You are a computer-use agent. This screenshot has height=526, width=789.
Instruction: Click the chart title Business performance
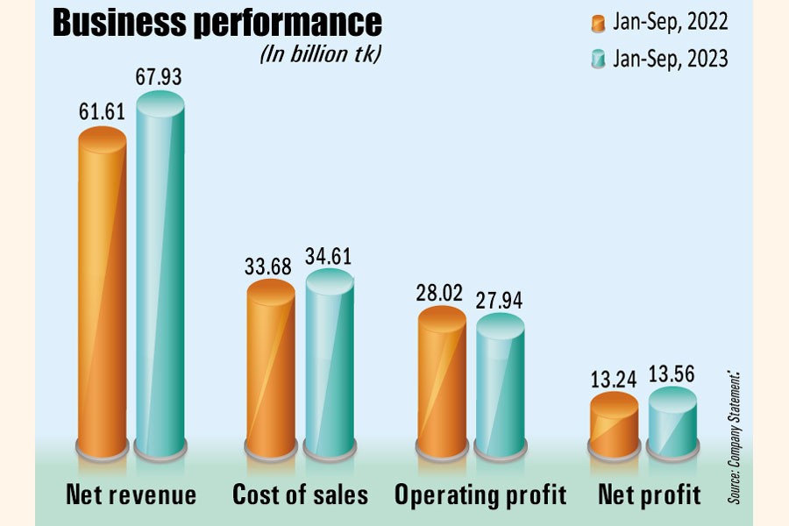click(x=217, y=24)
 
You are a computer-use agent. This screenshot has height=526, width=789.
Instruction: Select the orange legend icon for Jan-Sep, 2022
click(x=600, y=23)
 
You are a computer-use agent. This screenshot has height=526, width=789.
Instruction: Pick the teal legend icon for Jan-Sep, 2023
click(x=600, y=59)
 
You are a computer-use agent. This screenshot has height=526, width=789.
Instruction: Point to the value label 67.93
click(x=159, y=77)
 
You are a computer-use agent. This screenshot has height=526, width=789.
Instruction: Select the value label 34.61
click(x=329, y=257)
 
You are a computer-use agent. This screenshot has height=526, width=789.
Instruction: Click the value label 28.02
click(x=442, y=292)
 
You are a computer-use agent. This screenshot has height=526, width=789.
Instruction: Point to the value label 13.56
click(x=672, y=372)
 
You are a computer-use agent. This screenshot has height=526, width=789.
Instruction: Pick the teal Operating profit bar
click(x=500, y=386)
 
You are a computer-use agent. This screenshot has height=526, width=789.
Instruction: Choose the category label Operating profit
click(x=480, y=495)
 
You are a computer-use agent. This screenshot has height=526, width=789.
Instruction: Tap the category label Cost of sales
click(x=300, y=495)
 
